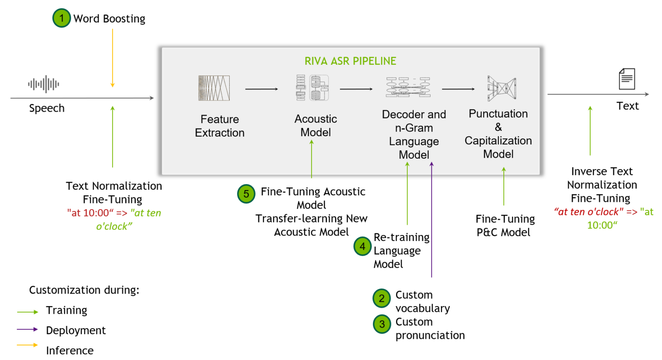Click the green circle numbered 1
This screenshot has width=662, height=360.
click(x=62, y=18)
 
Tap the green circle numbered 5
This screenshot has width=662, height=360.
click(x=246, y=194)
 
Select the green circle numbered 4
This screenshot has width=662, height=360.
click(x=362, y=246)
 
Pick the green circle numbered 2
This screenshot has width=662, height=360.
click(x=381, y=298)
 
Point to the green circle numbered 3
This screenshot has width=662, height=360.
click(x=382, y=325)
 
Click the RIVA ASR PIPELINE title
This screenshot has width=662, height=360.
click(x=350, y=61)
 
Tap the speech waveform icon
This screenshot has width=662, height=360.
click(x=44, y=84)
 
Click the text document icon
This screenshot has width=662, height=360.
click(x=627, y=79)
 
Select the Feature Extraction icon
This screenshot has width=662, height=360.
click(x=214, y=88)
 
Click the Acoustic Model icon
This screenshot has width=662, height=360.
click(x=312, y=88)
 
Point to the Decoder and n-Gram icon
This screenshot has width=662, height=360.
click(x=408, y=87)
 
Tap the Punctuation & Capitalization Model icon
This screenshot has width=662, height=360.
click(x=502, y=88)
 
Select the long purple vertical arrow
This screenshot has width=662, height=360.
click(x=431, y=220)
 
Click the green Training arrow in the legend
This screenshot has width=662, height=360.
click(x=28, y=312)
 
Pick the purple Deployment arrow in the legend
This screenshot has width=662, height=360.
click(x=28, y=329)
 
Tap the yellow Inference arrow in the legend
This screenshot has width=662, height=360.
click(x=28, y=345)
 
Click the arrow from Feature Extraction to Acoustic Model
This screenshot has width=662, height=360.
click(x=262, y=89)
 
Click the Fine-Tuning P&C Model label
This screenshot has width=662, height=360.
click(x=505, y=225)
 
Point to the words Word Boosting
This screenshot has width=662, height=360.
click(x=109, y=19)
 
